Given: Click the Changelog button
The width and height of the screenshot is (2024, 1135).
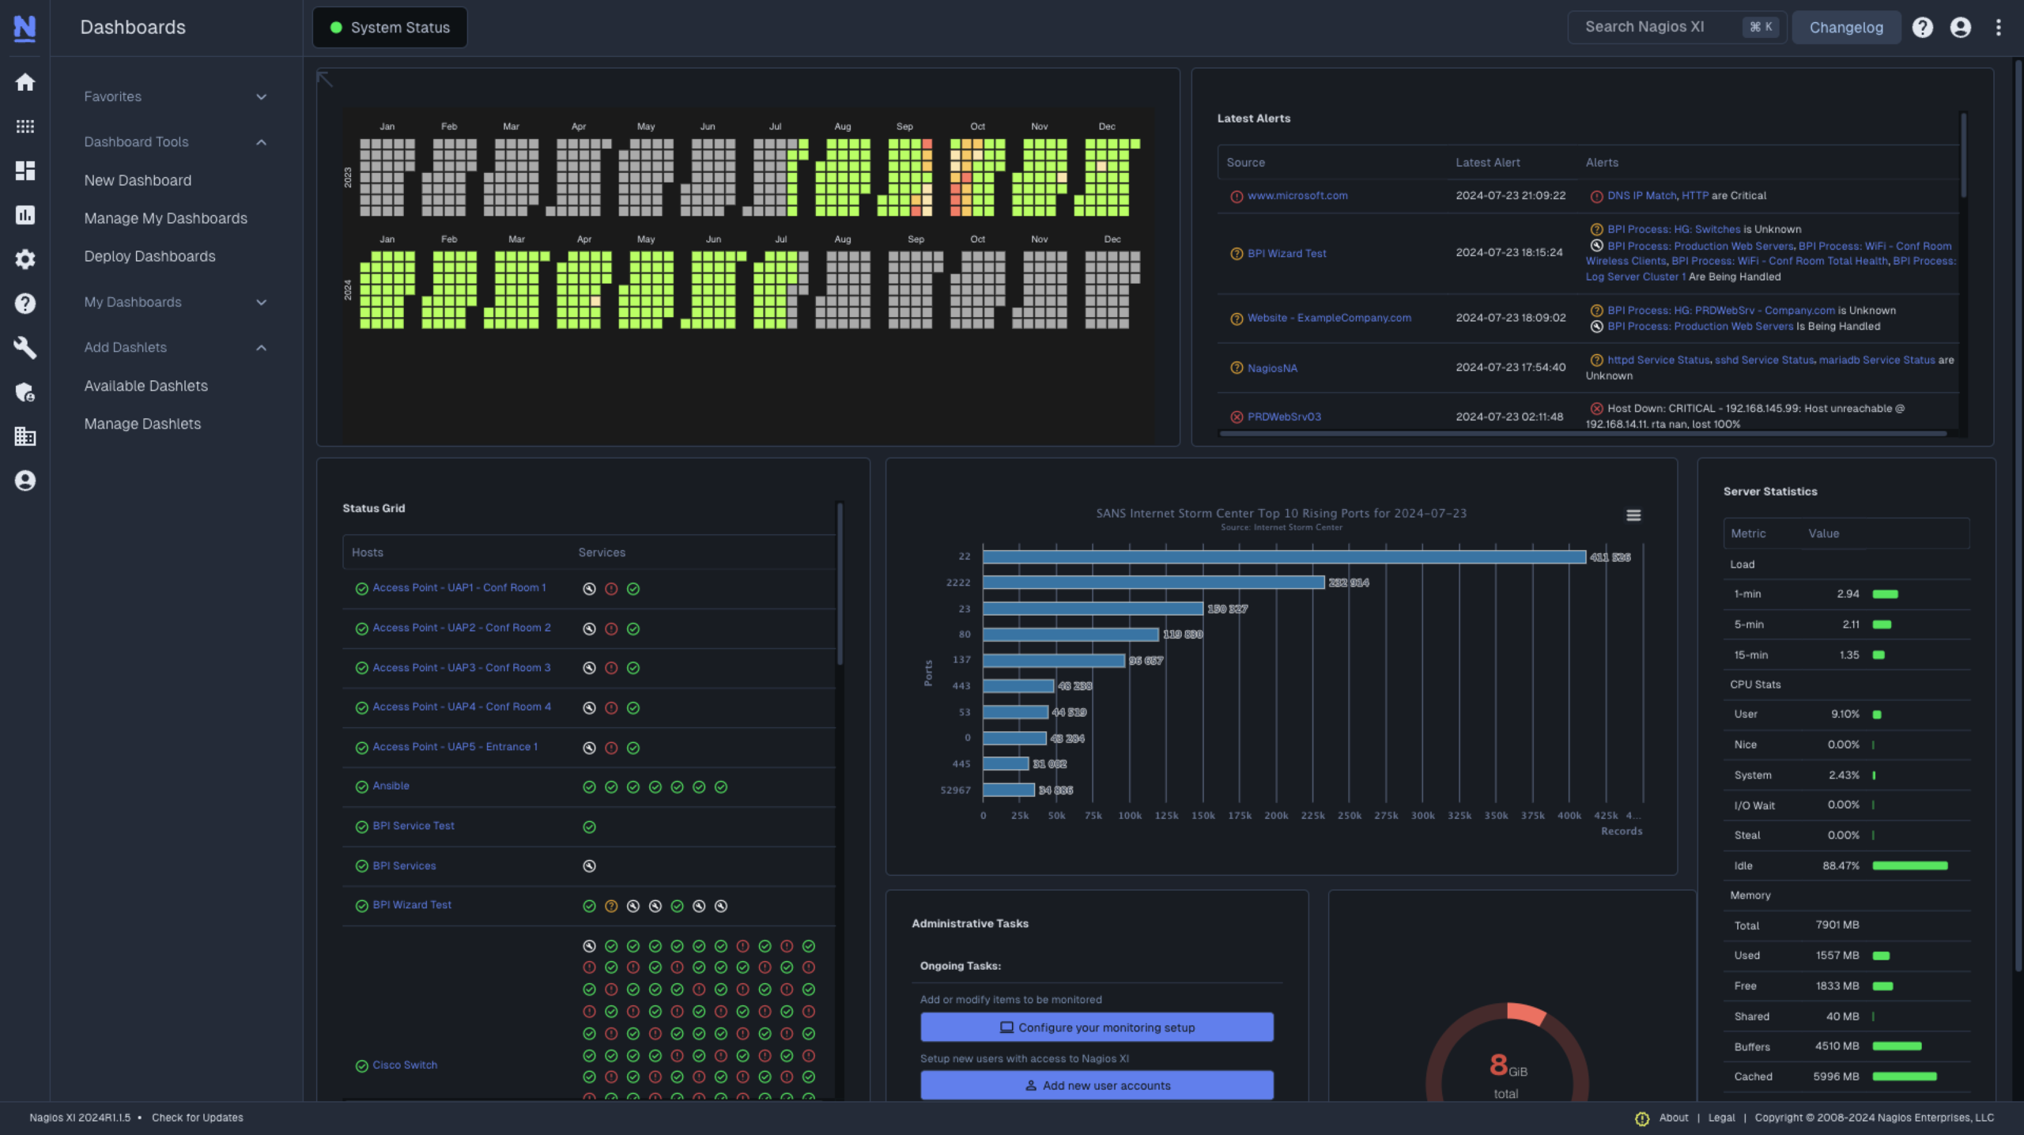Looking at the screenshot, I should click(x=1845, y=28).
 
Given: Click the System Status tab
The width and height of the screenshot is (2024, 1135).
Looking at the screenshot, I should click(x=390, y=28).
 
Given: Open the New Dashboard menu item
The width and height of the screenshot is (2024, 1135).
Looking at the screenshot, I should click(x=138, y=180).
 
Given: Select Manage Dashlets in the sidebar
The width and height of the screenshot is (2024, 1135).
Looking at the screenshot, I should click(x=142, y=424).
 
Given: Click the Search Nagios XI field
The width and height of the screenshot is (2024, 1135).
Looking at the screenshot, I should click(x=1652, y=27).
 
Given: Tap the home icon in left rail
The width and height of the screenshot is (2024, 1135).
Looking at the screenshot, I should click(x=25, y=82).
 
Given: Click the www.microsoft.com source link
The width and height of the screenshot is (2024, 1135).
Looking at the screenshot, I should click(x=1297, y=195).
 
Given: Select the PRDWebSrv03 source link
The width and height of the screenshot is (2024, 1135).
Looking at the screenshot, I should click(x=1283, y=417).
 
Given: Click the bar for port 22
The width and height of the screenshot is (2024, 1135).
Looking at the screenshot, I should click(x=1283, y=556).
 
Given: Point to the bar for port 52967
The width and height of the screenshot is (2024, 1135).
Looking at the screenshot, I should click(x=1008, y=790).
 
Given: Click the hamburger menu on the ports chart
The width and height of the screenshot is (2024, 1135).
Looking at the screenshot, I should click(x=1633, y=515).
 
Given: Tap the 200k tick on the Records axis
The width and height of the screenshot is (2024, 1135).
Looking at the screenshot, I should click(x=1275, y=816).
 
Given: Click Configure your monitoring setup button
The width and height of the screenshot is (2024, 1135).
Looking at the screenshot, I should click(x=1096, y=1028).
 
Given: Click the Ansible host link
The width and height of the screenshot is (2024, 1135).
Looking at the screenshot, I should click(x=391, y=786).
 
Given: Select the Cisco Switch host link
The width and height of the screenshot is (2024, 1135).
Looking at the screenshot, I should click(x=404, y=1065).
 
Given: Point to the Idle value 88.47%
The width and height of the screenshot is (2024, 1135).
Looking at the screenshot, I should click(x=1840, y=865).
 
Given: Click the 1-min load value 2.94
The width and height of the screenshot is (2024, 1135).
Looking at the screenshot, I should click(x=1847, y=594).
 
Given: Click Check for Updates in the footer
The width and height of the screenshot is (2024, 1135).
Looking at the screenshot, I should click(x=197, y=1118).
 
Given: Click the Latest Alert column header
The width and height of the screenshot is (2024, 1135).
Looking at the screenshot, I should click(x=1487, y=162).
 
